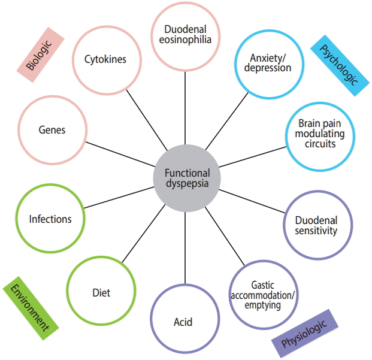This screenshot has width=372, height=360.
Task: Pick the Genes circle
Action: coord(52,130)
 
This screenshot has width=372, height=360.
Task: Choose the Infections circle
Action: coord(50,219)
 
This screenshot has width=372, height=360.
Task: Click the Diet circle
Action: coord(101,293)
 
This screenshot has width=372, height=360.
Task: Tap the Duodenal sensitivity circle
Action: coord(316,225)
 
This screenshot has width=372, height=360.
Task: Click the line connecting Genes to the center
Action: coord(120,153)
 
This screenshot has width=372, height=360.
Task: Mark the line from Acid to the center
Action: coord(185,246)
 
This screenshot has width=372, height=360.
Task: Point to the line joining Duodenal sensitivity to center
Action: coord(252,201)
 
